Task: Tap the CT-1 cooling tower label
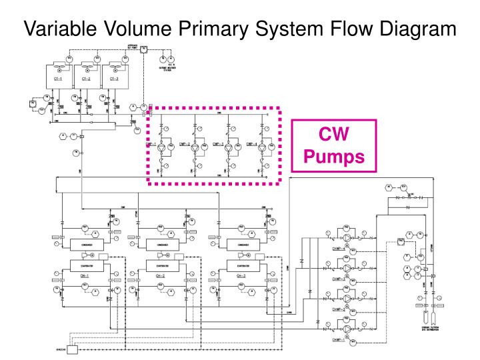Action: point(58,79)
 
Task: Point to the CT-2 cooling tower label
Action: point(86,79)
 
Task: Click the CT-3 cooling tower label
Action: point(114,79)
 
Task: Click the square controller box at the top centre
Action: point(143,49)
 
